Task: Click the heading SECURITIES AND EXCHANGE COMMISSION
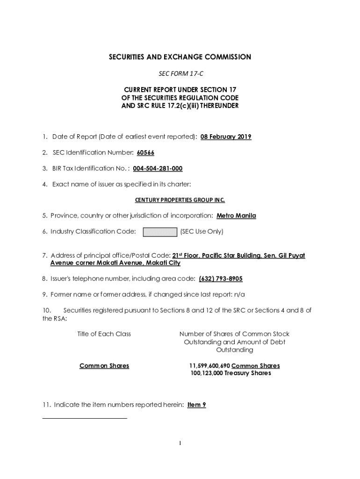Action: (180, 57)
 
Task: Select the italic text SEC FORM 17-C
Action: (180, 74)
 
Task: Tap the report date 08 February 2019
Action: (226, 137)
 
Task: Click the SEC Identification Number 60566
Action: (145, 153)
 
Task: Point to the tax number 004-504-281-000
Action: (158, 168)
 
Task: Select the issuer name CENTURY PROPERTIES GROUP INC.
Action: (180, 200)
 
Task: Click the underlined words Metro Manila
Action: (236, 216)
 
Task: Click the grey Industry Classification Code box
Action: (160, 232)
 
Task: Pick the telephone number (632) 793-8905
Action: (221, 279)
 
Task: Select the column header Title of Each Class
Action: (104, 334)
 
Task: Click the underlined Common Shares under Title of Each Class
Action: (104, 366)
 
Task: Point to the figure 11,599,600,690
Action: (209, 366)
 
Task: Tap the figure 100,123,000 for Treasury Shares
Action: (207, 373)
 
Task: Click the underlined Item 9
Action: (197, 405)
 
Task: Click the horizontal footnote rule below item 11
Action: (85, 418)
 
